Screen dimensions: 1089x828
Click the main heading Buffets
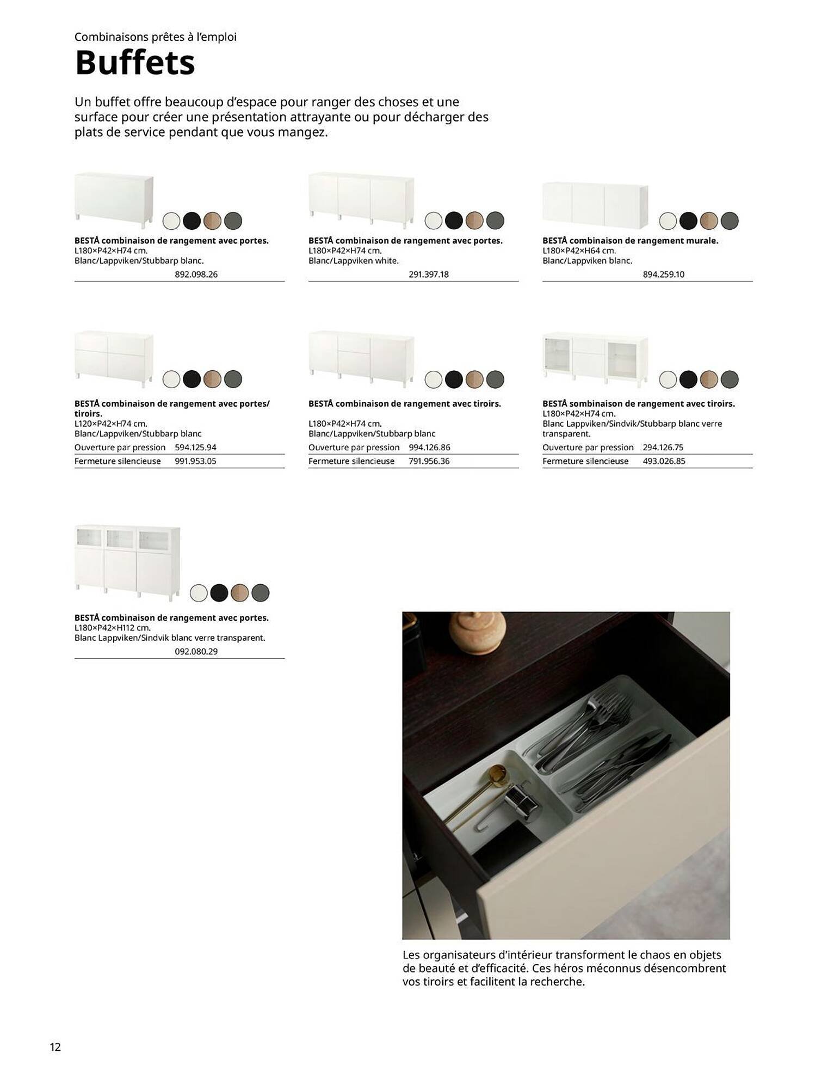point(134,63)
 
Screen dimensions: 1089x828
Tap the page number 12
point(55,1047)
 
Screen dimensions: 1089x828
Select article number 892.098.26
point(196,274)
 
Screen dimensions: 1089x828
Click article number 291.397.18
point(429,274)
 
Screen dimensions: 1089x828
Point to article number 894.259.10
point(663,274)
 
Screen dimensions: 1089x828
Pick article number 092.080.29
point(196,651)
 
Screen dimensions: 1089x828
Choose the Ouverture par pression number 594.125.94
point(195,448)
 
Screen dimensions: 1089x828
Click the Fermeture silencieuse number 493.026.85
point(664,461)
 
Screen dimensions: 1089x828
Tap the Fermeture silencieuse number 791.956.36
point(429,461)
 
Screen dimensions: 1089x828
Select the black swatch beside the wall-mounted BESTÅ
point(688,221)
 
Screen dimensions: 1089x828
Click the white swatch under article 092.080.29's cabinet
point(199,592)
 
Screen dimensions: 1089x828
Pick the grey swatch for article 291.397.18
point(495,221)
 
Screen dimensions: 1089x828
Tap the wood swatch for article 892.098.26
point(212,221)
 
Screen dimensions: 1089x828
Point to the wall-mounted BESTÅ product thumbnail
point(595,205)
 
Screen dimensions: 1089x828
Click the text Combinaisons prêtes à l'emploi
point(156,37)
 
